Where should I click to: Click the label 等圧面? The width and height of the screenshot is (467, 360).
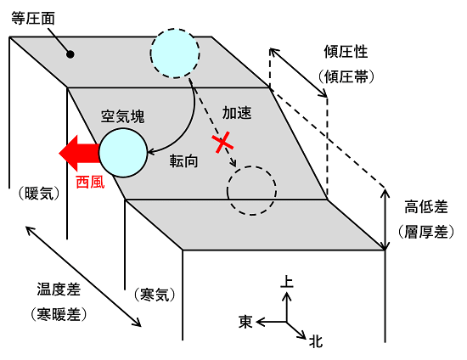pyautogui.click(x=33, y=19)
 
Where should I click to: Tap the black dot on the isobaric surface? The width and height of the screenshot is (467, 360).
pyautogui.click(x=70, y=54)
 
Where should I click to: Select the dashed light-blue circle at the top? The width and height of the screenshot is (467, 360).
pyautogui.click(x=175, y=53)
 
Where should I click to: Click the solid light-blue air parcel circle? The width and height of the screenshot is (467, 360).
pyautogui.click(x=123, y=153)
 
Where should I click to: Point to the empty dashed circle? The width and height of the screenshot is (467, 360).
pyautogui.click(x=251, y=190)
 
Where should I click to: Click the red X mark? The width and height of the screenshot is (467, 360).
pyautogui.click(x=222, y=143)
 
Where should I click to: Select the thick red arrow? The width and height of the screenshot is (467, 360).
pyautogui.click(x=79, y=154)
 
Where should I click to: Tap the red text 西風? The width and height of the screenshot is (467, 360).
pyautogui.click(x=90, y=182)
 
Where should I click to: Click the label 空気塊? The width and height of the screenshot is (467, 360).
pyautogui.click(x=123, y=116)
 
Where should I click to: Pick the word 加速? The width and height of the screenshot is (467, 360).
pyautogui.click(x=237, y=113)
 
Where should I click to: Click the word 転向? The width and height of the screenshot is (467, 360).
pyautogui.click(x=183, y=161)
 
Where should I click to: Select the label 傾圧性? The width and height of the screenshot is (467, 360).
pyautogui.click(x=346, y=52)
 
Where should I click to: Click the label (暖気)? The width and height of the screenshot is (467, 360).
pyautogui.click(x=39, y=194)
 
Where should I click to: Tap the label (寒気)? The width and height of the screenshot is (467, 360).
pyautogui.click(x=155, y=295)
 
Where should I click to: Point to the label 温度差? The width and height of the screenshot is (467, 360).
pyautogui.click(x=59, y=290)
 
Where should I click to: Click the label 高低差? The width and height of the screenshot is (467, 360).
pyautogui.click(x=426, y=207)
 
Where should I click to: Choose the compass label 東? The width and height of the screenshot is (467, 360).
pyautogui.click(x=245, y=322)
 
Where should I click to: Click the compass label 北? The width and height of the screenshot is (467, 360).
pyautogui.click(x=316, y=341)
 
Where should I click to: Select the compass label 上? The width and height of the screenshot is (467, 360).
pyautogui.click(x=286, y=281)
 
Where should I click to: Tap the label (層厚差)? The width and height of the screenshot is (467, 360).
pyautogui.click(x=426, y=232)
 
